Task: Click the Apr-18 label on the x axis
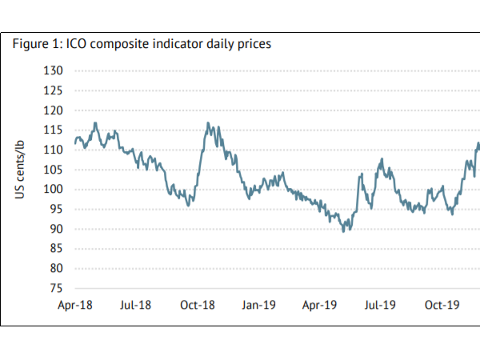[x=75, y=306]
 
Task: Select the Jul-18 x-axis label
[x=136, y=306]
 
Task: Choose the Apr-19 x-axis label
[x=320, y=306]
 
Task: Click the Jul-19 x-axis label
[x=381, y=306]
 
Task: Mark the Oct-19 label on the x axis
[x=442, y=306]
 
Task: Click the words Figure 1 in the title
[x=31, y=43]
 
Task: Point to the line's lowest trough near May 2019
[x=344, y=230]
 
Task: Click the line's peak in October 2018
[x=208, y=123]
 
